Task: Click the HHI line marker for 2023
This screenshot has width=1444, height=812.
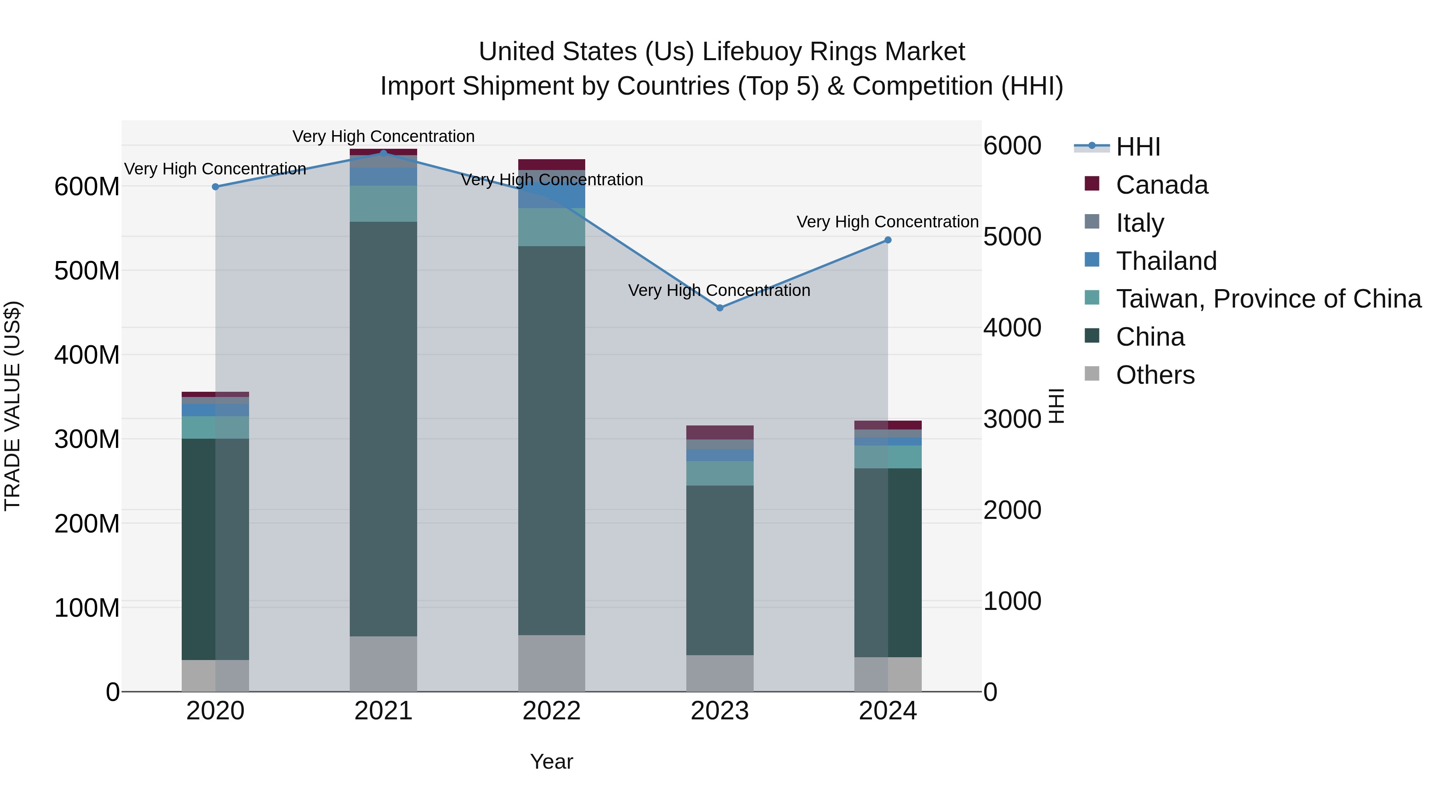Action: (720, 308)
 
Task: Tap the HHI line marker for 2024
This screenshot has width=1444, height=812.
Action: (888, 240)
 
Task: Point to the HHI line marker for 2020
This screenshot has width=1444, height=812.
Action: (215, 186)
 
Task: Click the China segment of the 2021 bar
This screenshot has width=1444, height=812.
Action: (383, 429)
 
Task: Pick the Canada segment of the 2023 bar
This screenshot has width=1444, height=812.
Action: (720, 432)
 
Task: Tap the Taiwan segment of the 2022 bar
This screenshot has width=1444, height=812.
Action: (552, 227)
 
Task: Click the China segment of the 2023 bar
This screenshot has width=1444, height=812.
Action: (720, 570)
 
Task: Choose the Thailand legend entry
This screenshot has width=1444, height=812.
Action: (1166, 261)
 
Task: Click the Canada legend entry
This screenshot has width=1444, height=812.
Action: (1162, 185)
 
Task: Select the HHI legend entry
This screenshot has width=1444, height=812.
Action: (1138, 147)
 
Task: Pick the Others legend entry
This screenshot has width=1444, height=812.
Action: (1155, 375)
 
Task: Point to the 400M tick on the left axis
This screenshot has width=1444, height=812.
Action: (87, 355)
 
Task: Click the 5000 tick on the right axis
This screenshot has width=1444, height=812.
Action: (1012, 237)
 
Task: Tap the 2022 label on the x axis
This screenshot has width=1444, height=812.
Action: (552, 711)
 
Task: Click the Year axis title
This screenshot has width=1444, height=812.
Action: (552, 761)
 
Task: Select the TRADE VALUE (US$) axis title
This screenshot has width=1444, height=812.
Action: (12, 406)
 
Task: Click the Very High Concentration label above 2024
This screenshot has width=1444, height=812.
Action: (888, 222)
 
